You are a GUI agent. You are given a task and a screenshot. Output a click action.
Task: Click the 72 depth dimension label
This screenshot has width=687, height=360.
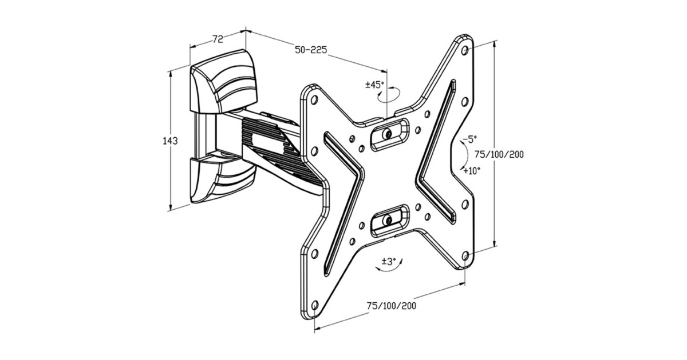click(x=218, y=39)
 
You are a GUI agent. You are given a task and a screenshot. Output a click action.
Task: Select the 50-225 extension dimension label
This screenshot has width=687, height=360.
click(x=311, y=50)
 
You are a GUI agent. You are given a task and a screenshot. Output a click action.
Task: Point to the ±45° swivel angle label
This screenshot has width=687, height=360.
click(x=374, y=85)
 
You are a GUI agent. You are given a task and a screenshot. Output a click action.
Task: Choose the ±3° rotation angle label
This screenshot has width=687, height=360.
click(x=389, y=262)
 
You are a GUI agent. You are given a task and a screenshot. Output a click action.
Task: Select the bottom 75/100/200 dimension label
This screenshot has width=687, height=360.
click(x=392, y=305)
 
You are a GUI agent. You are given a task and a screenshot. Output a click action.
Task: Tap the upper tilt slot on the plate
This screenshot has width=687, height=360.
click(x=389, y=134)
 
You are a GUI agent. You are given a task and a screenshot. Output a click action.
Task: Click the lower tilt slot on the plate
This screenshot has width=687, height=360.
click(x=389, y=219)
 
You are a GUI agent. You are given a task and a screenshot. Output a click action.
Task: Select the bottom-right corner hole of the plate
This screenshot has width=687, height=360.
click(x=465, y=256)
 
